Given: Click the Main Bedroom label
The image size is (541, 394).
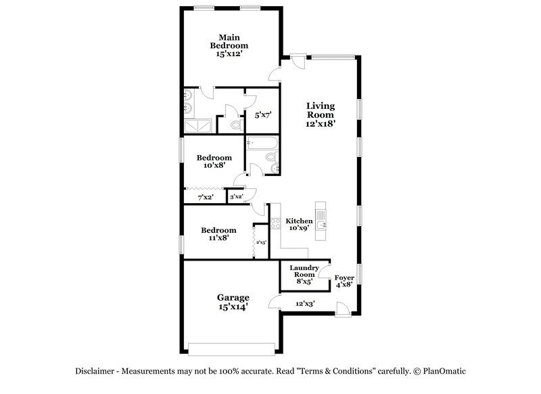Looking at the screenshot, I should pos(229,45).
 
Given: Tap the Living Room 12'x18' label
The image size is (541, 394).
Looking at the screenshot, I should pos(321,114).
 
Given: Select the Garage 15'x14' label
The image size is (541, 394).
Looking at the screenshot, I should pos(233,302).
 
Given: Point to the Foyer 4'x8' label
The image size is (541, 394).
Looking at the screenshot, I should pos(344,281).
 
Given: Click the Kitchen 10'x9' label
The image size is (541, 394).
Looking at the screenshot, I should pos(298,225).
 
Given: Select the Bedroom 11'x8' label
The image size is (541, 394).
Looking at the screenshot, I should pos(218,234).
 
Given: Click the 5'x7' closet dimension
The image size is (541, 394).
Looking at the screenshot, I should pos(262,116).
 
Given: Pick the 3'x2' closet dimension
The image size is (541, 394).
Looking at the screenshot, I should pos(236,197).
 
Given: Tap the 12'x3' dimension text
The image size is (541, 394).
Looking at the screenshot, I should pos(305,304).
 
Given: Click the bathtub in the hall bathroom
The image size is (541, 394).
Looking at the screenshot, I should pos(262,143).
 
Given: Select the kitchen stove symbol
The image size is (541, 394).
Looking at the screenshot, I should pos(275,223).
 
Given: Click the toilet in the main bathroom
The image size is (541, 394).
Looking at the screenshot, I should pos(235,125).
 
